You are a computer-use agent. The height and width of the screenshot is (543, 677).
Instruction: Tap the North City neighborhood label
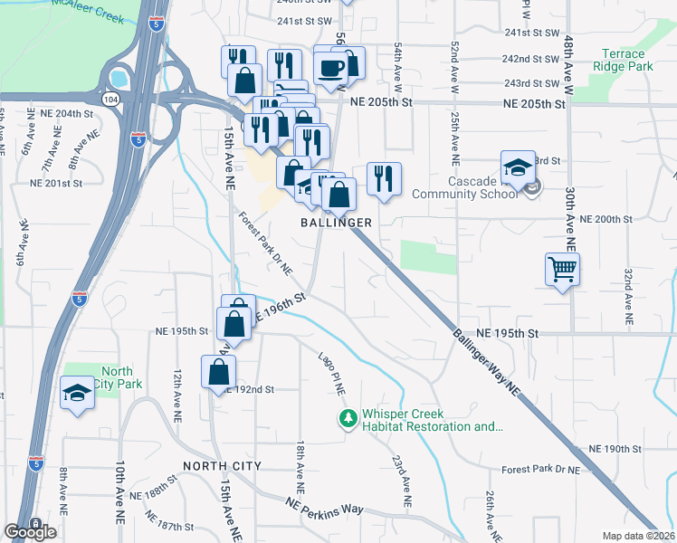[x=222, y=466]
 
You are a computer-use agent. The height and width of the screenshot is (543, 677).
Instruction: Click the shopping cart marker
[x=562, y=269]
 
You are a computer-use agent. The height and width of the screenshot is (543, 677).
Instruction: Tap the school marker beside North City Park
[x=78, y=394]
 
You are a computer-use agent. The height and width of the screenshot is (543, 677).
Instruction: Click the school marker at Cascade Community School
[x=518, y=168]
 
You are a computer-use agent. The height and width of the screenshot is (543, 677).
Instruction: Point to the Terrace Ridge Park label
[x=623, y=61]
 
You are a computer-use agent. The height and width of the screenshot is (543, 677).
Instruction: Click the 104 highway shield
[x=110, y=100]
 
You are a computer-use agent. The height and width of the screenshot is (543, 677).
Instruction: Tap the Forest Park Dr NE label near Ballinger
[x=267, y=243]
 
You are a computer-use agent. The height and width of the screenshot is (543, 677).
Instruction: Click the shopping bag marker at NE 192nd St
[x=219, y=372]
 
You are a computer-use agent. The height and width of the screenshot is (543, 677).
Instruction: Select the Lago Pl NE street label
[x=332, y=373]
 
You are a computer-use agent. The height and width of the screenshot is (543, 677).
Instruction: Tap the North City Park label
[x=117, y=377]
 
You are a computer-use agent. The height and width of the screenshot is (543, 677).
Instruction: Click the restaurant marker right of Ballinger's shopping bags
[x=384, y=179]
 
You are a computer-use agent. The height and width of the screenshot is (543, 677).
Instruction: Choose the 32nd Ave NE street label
[x=626, y=297]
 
